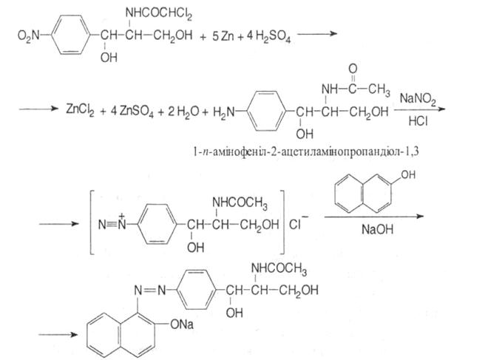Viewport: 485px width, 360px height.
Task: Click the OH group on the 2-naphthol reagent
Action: [404, 177]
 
